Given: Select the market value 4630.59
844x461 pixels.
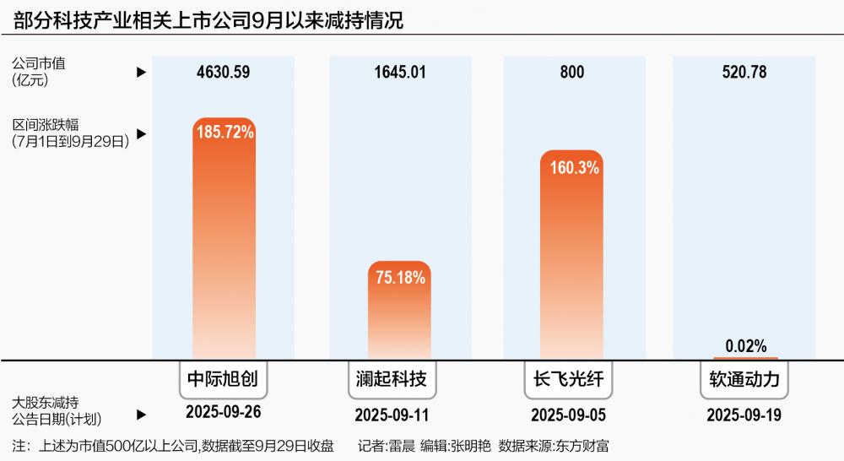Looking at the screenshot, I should click(223, 73).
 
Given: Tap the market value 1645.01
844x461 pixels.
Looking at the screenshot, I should click(400, 73).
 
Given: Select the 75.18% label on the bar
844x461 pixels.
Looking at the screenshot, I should click(399, 276).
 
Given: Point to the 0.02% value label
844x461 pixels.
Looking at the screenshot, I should click(745, 346).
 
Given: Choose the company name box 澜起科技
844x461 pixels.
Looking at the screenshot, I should click(399, 379).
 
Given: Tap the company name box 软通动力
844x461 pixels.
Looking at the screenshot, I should click(745, 379).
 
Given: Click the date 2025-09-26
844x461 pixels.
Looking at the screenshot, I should click(223, 414).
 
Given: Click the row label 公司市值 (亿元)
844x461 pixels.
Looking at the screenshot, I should click(39, 72).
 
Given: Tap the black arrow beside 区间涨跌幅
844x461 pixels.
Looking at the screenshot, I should click(141, 133).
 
